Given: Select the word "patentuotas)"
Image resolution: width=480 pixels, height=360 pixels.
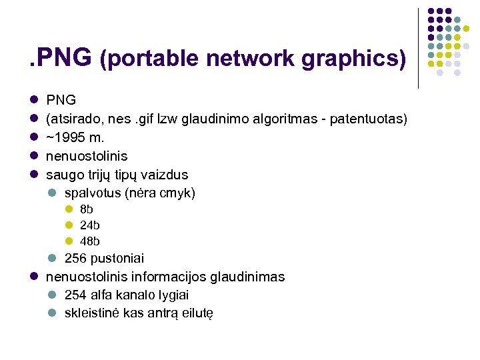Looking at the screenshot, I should click(369, 119).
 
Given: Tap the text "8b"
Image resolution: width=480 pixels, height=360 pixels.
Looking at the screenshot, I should click(86, 209).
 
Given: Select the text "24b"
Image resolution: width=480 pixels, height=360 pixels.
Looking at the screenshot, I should click(89, 225).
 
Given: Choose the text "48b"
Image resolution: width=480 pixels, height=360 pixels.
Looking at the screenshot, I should click(89, 241).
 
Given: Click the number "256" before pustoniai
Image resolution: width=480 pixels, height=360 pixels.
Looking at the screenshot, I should click(75, 258).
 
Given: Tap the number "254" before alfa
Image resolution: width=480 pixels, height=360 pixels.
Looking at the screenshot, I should click(75, 295).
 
